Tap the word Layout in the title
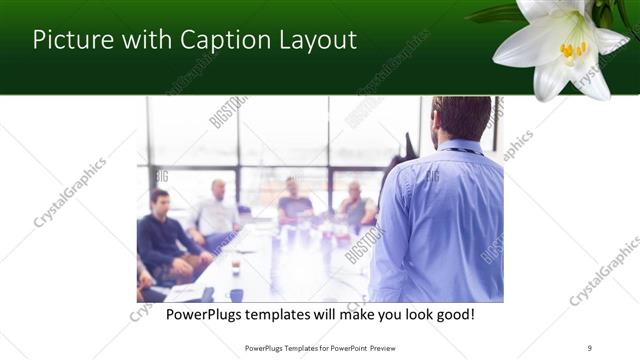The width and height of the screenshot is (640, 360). (318, 40)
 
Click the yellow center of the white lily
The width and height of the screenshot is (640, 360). (572, 48)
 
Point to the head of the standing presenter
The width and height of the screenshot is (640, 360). (461, 118)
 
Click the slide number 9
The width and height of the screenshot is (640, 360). (590, 348)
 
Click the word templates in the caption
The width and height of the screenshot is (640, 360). (289, 315)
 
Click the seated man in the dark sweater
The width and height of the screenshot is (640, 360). (160, 235)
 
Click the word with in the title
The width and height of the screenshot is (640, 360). (140, 40)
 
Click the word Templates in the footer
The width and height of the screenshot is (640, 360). (291, 348)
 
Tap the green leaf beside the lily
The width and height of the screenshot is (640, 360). (497, 14)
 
